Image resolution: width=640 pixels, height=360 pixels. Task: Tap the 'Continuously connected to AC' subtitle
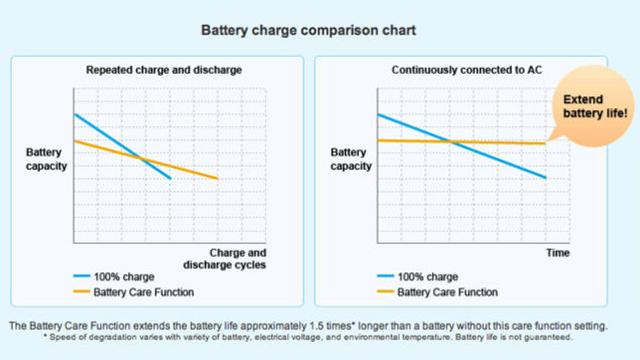click(x=461, y=70)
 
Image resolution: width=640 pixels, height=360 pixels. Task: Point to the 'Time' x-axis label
click(x=557, y=254)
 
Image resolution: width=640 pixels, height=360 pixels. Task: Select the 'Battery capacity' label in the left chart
click(x=45, y=159)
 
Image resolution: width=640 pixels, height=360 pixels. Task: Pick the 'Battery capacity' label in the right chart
click(x=350, y=159)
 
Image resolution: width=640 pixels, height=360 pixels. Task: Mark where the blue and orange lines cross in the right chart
click(x=455, y=142)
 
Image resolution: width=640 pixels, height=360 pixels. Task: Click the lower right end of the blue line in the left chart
click(x=171, y=178)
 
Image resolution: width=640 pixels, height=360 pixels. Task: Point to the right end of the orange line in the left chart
click(x=218, y=179)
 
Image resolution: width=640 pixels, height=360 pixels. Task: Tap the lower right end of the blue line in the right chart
click(x=546, y=177)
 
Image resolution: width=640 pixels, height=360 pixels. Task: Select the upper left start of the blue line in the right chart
click(x=377, y=114)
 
